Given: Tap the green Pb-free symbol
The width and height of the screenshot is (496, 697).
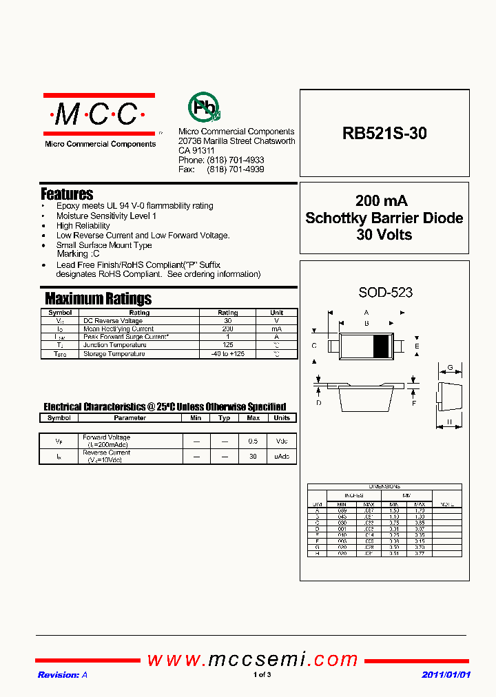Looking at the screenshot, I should [x=203, y=107].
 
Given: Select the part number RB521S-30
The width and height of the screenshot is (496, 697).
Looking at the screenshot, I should [x=384, y=134].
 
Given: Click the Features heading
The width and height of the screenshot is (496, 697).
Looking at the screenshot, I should [x=67, y=194].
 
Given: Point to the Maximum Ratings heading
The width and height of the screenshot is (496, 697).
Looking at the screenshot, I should [x=98, y=299].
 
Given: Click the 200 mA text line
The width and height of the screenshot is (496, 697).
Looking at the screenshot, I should [x=382, y=201].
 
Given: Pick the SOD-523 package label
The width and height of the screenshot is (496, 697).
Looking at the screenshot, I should [x=385, y=293].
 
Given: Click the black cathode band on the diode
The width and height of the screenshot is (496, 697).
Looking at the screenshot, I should [x=380, y=345].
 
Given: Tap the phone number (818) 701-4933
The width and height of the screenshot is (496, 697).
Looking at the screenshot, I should [x=236, y=160].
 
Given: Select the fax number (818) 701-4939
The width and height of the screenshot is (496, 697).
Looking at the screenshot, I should [x=236, y=169].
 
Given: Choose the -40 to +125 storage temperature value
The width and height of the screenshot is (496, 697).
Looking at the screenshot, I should [x=227, y=354].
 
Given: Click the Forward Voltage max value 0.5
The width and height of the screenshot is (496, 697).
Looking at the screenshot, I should [x=254, y=441].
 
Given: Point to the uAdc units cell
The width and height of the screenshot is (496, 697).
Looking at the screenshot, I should [x=282, y=457].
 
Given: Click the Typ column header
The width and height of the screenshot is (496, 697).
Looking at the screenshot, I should [x=224, y=418].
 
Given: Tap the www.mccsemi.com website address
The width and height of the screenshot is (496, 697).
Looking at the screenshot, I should [x=253, y=660].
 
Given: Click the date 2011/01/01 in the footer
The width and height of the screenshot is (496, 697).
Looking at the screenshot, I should [x=446, y=675].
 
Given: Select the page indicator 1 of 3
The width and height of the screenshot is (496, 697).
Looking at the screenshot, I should [x=262, y=675].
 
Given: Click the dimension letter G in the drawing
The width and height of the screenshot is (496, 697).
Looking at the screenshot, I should [x=450, y=368].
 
